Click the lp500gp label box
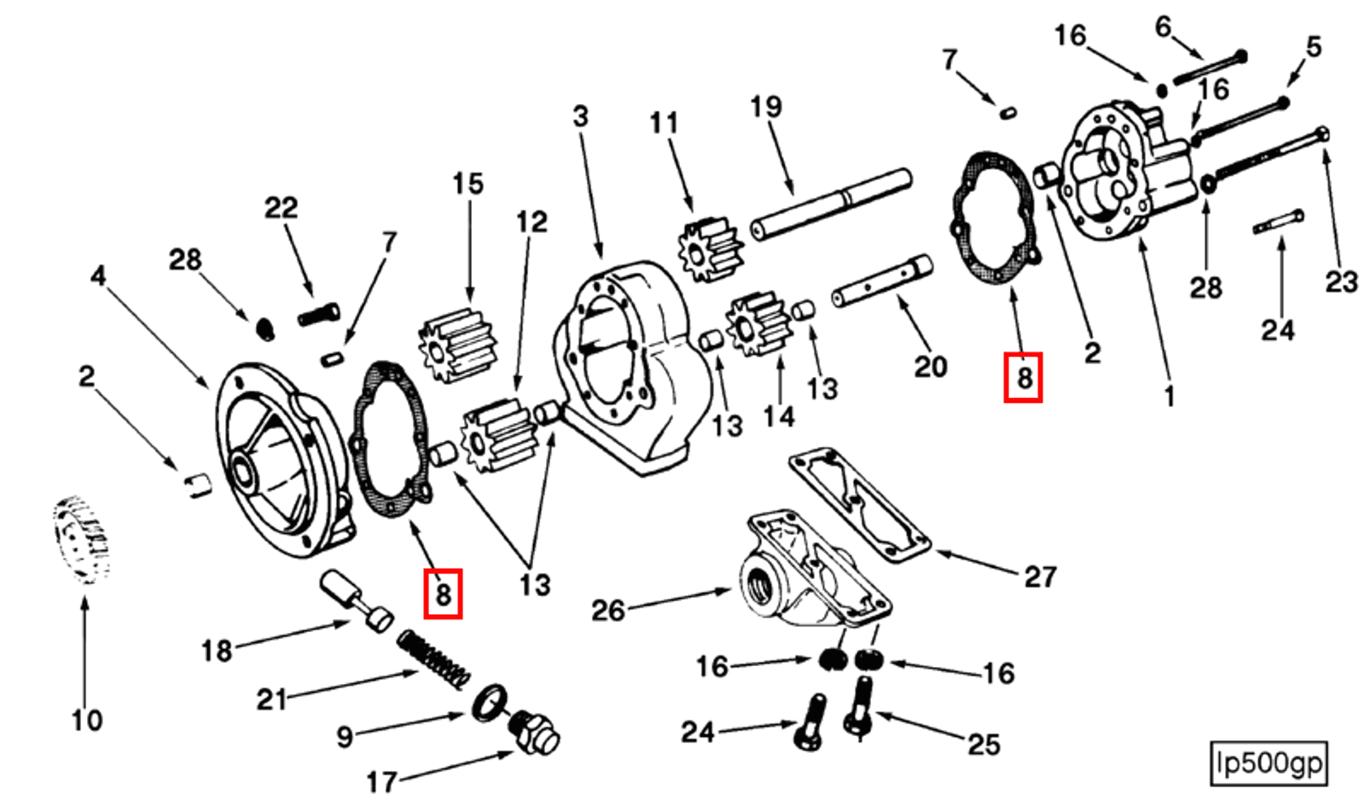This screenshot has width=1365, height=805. click(x=1268, y=764)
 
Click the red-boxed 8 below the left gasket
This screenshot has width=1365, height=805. click(x=443, y=594)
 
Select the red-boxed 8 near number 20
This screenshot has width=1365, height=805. click(x=1023, y=377)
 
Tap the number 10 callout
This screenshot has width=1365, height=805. click(x=87, y=720)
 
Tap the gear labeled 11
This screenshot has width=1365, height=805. click(x=708, y=249)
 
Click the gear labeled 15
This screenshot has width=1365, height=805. click(x=457, y=344)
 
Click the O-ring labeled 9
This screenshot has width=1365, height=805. click(x=490, y=701)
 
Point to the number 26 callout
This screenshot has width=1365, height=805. click(x=608, y=610)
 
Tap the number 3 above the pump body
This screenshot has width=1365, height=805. click(x=580, y=116)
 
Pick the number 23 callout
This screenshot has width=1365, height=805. click(x=1341, y=282)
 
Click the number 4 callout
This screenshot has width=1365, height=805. click(x=97, y=275)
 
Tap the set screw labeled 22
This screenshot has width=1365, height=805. click(x=318, y=313)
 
